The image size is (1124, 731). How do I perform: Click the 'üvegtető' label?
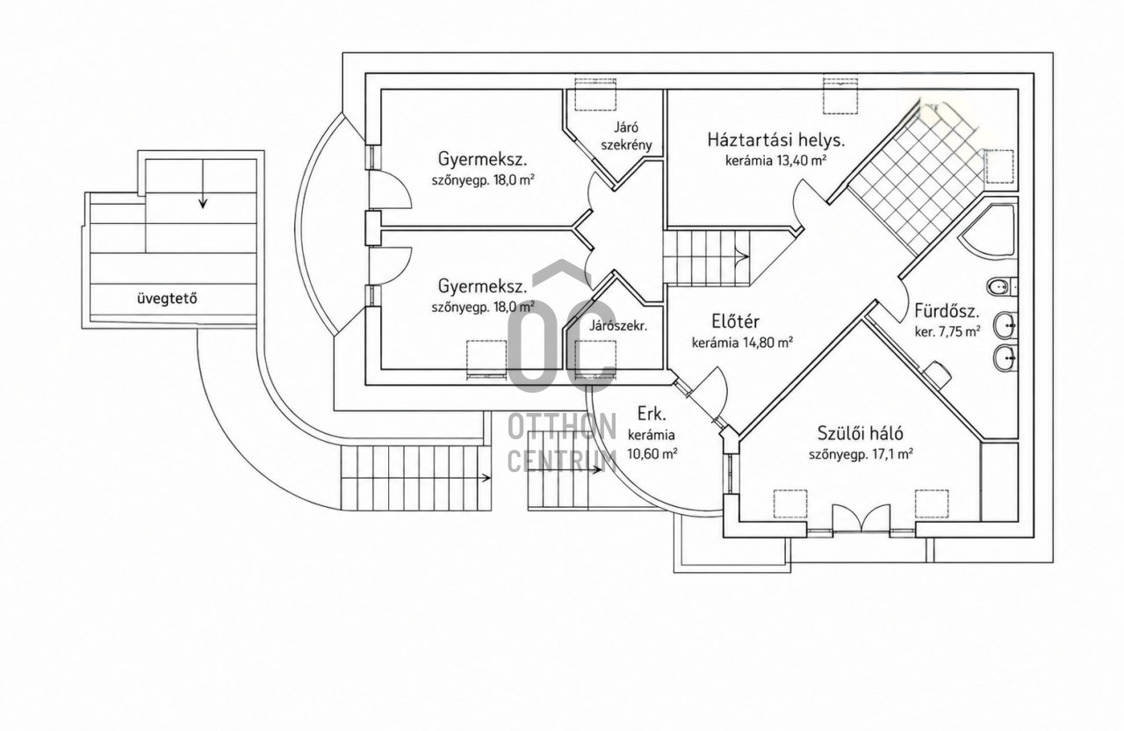[x=167, y=299]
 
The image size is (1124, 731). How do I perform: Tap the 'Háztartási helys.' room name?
[x=775, y=140]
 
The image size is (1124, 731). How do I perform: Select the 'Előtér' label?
[x=735, y=321]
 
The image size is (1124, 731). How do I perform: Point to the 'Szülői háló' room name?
[x=860, y=433]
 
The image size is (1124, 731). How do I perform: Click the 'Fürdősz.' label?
[x=947, y=311]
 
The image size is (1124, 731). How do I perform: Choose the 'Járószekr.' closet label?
[x=618, y=325]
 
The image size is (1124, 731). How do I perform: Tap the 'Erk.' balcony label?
[x=652, y=414]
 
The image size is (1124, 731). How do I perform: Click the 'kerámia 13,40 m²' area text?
[x=775, y=161]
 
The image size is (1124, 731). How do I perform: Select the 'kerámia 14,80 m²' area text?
[x=742, y=343]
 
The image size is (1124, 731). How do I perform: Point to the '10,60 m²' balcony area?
[x=652, y=454]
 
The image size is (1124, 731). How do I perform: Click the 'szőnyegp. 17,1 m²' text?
[x=861, y=454]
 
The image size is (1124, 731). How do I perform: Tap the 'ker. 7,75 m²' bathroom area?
[x=947, y=332]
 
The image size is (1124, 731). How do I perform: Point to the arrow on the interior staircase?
[x=743, y=257]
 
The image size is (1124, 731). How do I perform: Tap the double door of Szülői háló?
[x=861, y=517]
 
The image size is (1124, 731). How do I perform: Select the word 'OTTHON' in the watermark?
[x=562, y=427]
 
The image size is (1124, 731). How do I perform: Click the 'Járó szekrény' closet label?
[x=626, y=136]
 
